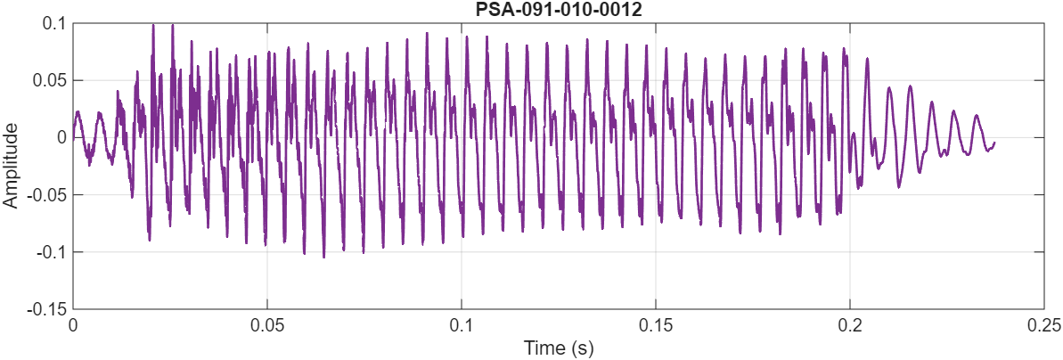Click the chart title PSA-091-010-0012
[559, 10]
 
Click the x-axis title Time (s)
[559, 347]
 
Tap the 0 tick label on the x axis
[73, 325]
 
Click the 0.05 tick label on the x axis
[267, 325]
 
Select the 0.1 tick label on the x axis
[462, 325]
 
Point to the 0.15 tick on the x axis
[656, 325]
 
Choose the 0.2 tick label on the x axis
[850, 325]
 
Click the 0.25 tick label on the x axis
[1043, 325]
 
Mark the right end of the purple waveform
[994, 143]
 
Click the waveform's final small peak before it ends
[977, 115]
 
